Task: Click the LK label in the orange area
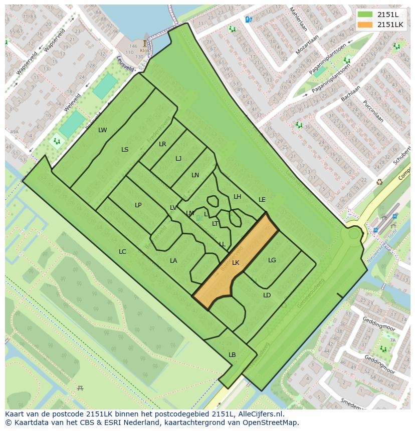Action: coord(236,263)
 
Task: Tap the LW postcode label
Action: coord(102,130)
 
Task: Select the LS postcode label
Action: coord(125,150)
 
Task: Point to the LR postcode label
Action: coord(162,144)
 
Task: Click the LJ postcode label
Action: coord(178,159)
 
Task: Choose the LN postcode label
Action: coord(195,175)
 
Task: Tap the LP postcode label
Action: coord(138,205)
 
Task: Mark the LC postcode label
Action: coord(122,252)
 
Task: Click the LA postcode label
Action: coord(173,261)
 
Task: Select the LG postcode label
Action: coord(272,260)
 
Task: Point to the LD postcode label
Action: coord(267,295)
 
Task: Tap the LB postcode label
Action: coord(232,355)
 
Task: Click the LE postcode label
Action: coord(262,200)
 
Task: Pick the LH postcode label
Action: coord(237,197)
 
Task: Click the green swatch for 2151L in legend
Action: coord(365,15)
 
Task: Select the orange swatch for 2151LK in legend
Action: coord(365,25)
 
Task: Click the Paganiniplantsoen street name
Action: coord(331,78)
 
